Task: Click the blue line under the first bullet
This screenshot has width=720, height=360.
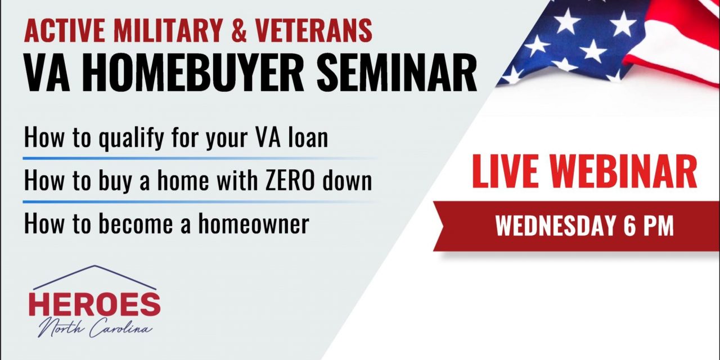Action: click(169, 159)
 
